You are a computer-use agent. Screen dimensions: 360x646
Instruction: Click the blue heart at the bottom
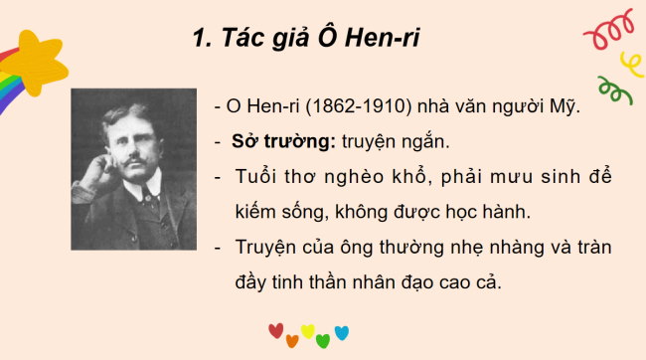pos(341,332)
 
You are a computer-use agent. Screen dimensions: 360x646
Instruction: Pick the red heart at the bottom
pos(275,331)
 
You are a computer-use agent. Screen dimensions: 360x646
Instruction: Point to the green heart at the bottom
pos(323,341)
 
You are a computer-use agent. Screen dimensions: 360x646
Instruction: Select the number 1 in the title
pos(198,41)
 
